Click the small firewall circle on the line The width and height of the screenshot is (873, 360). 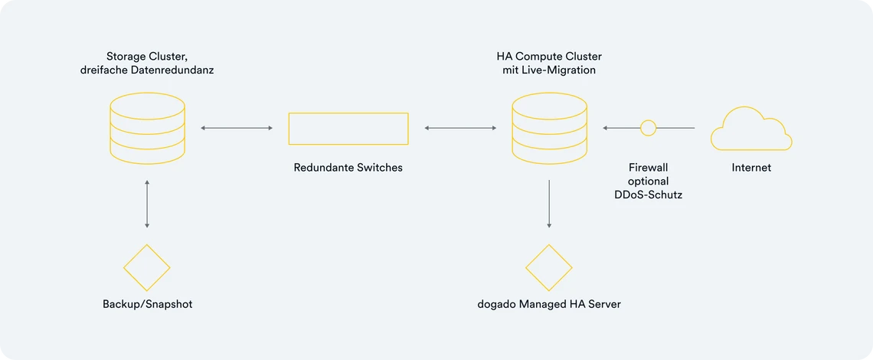648,128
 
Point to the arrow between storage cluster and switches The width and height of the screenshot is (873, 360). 237,128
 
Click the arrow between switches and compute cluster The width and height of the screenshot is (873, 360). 460,128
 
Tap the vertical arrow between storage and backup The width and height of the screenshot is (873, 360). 147,204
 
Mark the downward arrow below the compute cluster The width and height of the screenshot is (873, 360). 549,204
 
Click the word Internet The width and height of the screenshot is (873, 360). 751,168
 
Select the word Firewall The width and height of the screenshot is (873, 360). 648,168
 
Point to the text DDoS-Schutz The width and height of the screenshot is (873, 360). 648,195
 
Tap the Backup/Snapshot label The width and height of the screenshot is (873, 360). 148,306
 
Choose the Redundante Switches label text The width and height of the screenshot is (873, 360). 348,168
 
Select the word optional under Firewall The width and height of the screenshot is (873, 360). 648,181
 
